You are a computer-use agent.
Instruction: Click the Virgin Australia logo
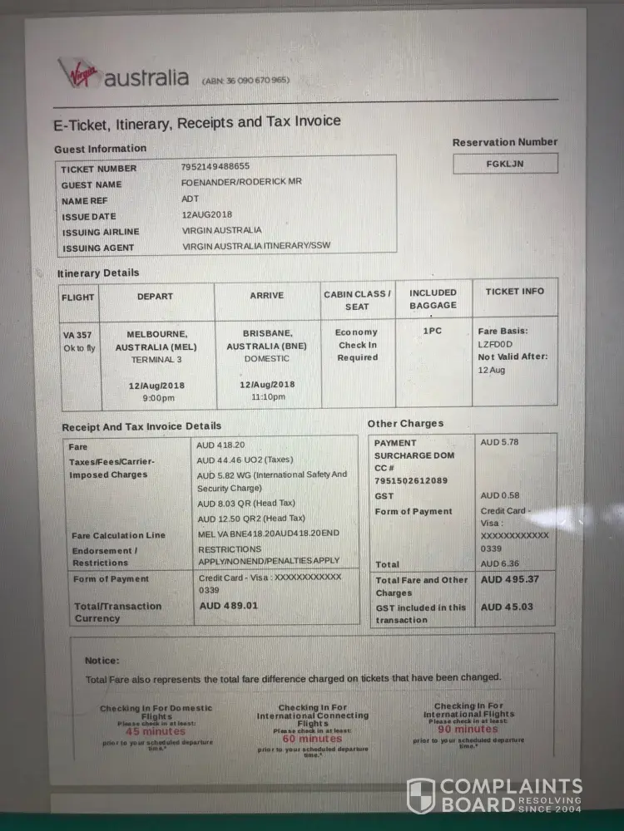tap(123, 76)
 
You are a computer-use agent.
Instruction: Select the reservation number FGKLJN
tap(505, 164)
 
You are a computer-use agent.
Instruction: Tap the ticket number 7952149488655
tap(215, 166)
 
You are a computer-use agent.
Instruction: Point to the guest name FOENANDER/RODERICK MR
tap(241, 183)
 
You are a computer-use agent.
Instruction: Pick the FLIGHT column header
tap(78, 297)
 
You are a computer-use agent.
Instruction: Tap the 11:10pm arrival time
tap(267, 397)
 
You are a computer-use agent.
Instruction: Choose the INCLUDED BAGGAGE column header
tap(433, 298)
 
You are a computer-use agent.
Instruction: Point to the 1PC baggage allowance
tap(433, 330)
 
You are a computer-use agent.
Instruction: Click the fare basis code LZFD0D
tap(496, 343)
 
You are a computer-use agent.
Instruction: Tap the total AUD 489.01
tap(229, 606)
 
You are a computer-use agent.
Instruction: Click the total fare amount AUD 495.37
tap(510, 580)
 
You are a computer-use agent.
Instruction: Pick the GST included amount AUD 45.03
tap(507, 607)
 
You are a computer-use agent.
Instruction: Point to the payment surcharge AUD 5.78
tap(499, 442)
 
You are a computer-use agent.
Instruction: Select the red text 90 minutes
tap(468, 729)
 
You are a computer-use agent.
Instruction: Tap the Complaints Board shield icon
tap(421, 795)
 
